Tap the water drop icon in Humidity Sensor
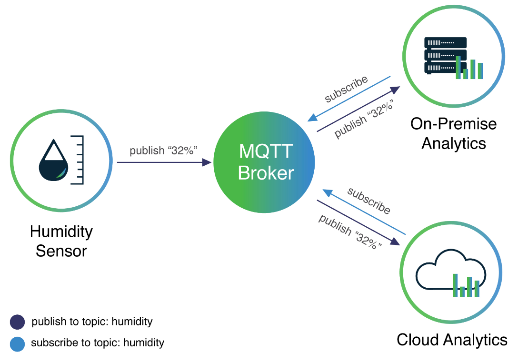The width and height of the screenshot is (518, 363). (53, 161)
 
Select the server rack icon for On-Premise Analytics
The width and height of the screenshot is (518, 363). (446, 56)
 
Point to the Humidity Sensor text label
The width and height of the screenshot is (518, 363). (61, 241)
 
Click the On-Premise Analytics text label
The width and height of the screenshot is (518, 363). (453, 133)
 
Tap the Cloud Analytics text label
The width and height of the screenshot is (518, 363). (452, 340)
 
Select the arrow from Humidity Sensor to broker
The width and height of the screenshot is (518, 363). (164, 162)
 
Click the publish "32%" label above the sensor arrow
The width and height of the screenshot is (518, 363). (164, 151)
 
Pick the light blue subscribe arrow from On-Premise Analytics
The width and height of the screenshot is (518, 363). (349, 98)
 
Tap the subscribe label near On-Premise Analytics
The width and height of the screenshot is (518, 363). (347, 89)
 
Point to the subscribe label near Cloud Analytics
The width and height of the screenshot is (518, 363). (369, 201)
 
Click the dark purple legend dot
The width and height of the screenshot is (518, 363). (17, 322)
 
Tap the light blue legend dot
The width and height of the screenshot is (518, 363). (17, 343)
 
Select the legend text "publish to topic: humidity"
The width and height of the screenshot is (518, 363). (92, 322)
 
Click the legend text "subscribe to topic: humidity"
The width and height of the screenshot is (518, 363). (98, 343)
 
